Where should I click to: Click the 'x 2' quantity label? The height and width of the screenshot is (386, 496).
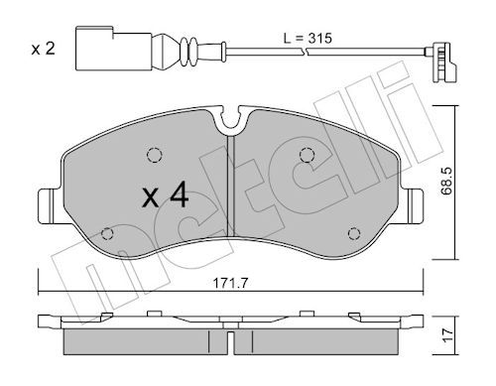click(43, 50)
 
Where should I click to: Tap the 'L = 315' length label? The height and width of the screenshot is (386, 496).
click(308, 39)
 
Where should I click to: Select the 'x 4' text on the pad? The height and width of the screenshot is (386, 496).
click(166, 196)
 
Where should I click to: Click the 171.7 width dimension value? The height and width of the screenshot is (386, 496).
click(230, 284)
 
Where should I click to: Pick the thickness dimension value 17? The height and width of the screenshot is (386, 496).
click(447, 335)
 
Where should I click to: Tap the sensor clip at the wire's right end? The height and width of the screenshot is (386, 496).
click(442, 62)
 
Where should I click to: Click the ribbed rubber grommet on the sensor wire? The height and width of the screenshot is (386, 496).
click(188, 52)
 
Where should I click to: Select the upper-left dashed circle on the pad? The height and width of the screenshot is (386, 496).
click(155, 155)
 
